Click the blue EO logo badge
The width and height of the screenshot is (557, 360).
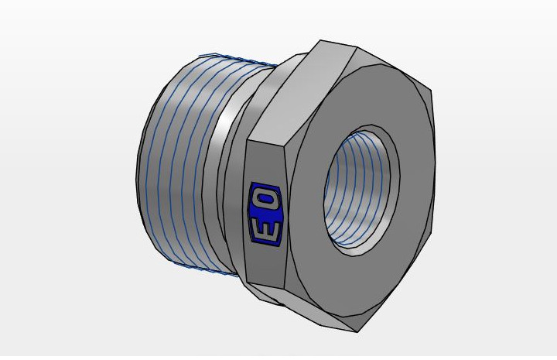pos(265,214)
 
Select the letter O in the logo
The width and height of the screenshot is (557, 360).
pos(266,200)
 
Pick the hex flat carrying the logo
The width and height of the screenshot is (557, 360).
pos(265,213)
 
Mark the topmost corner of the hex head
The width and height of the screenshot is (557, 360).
pos(320,40)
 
